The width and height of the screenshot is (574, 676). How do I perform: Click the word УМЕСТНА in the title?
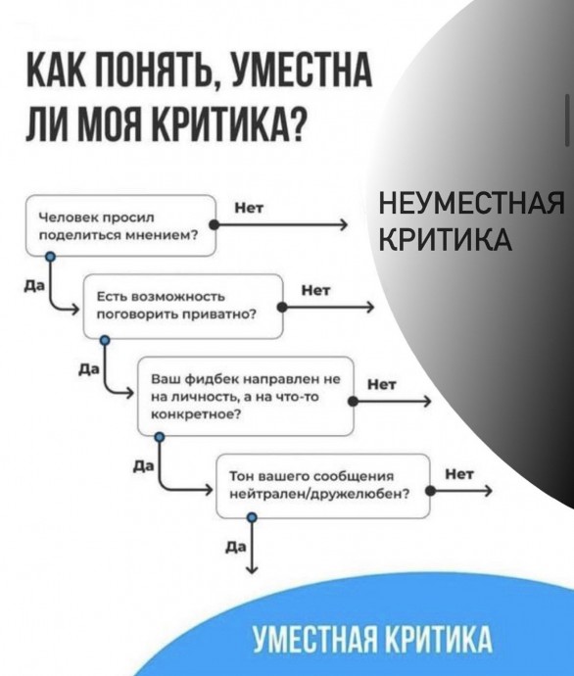click(302, 69)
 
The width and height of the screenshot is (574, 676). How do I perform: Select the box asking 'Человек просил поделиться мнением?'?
click(120, 225)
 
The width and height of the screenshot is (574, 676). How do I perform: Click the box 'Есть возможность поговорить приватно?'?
click(183, 306)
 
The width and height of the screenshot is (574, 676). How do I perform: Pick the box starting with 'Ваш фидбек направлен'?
click(246, 396)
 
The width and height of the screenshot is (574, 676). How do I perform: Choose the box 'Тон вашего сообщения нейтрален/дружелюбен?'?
click(323, 486)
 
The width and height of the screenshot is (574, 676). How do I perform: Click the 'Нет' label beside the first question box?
click(249, 209)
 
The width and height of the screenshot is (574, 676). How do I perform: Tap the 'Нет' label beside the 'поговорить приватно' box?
click(315, 291)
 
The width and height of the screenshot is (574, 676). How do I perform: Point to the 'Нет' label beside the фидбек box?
click(381, 384)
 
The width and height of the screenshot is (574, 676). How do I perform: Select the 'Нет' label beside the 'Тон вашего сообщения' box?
click(459, 474)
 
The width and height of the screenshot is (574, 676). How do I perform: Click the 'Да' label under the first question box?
click(34, 286)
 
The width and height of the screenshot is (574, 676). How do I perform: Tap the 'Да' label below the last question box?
click(236, 547)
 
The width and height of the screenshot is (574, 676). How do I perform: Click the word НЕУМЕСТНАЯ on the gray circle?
click(471, 204)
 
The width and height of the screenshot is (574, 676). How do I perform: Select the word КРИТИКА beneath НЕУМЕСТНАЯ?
click(446, 239)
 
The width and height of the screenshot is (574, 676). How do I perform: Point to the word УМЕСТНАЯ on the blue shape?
click(314, 639)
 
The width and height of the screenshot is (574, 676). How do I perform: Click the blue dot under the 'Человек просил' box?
click(51, 257)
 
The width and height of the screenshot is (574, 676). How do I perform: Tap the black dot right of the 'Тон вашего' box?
click(430, 492)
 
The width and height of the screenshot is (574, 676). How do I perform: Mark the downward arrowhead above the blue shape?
click(253, 569)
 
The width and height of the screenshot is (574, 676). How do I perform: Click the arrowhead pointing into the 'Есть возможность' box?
click(74, 310)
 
